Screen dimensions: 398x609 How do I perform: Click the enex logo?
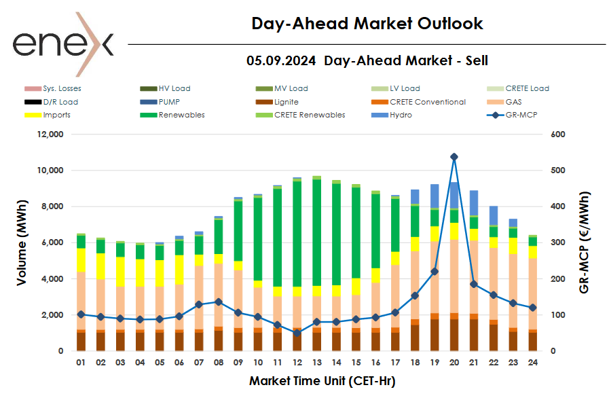tap(63, 44)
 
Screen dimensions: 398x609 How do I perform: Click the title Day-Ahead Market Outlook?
tap(367, 24)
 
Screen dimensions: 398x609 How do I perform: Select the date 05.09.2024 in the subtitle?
tap(281, 60)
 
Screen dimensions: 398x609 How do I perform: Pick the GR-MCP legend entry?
tap(515, 115)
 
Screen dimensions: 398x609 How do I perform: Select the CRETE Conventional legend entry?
tap(427, 102)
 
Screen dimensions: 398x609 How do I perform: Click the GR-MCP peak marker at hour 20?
tap(454, 157)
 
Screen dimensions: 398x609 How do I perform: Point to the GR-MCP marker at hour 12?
tap(297, 333)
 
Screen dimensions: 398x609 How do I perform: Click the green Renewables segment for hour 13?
tap(316, 231)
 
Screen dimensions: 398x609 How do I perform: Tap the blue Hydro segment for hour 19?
tap(435, 196)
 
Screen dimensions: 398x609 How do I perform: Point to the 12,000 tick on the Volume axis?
tap(48, 134)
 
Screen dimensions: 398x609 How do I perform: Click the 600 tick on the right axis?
tap(557, 134)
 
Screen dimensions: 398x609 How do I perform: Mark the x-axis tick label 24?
tap(533, 363)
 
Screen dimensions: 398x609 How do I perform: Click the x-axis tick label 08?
tap(218, 363)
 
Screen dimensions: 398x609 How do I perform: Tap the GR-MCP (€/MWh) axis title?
tap(585, 242)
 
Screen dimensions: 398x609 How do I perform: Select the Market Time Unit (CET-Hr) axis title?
tap(322, 381)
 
